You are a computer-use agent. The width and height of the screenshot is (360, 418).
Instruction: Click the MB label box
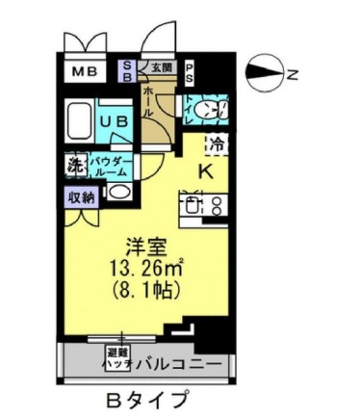82,71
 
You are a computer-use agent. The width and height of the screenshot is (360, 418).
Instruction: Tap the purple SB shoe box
127,70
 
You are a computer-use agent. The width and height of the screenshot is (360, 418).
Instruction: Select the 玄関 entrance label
161,68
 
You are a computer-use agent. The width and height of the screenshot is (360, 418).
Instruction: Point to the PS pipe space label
190,71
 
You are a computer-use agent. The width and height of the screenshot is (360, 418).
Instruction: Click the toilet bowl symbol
205,111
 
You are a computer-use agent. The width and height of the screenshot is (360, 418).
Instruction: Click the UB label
116,122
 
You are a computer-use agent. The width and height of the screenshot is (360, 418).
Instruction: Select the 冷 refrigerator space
218,145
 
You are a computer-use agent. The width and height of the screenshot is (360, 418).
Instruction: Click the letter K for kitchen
205,172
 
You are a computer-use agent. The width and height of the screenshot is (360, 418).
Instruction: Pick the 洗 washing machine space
74,165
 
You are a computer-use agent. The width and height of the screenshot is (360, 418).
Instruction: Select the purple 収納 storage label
81,197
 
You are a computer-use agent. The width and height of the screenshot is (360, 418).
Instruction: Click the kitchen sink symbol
193,205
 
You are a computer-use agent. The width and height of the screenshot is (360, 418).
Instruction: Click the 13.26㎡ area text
149,266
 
